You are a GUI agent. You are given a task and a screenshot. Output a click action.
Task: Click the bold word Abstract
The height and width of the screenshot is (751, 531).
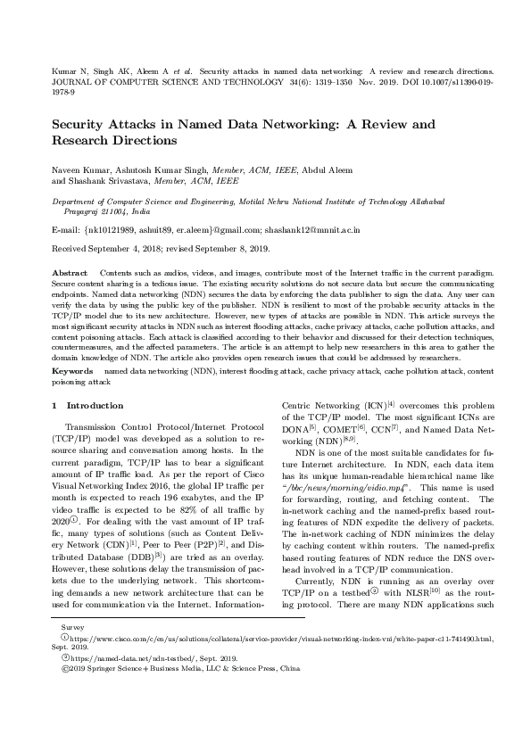point(70,270)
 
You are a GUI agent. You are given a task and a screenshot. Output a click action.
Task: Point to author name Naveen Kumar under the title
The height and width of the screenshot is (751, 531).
point(81,169)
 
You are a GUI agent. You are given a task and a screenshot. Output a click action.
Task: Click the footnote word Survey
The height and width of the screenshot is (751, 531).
point(61,654)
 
